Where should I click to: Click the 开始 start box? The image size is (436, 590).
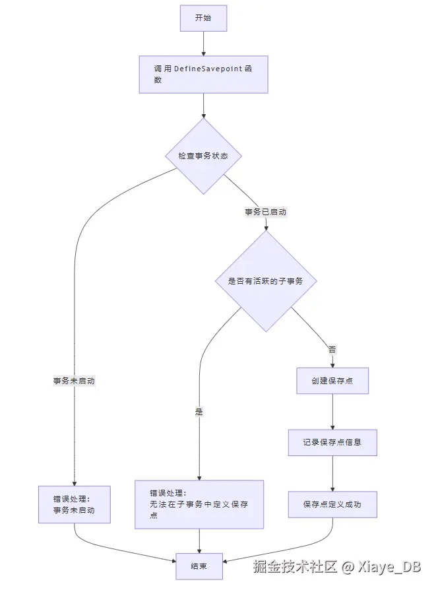[x=203, y=18]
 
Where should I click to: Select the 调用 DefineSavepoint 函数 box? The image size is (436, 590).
[x=203, y=74]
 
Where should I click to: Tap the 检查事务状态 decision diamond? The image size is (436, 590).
[x=203, y=156]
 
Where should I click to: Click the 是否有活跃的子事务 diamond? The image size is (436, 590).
[x=266, y=280]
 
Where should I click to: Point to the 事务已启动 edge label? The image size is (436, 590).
[x=265, y=213]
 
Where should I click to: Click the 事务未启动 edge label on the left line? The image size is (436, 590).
[x=75, y=381]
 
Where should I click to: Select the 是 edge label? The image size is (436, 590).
[x=199, y=411]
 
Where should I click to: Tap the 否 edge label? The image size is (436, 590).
[x=332, y=350]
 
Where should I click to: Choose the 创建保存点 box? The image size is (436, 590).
[x=332, y=380]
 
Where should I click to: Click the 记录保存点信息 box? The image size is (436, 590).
[x=332, y=442]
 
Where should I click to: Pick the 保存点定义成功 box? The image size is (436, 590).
[x=332, y=504]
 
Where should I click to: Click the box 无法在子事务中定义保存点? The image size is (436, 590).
[x=199, y=504]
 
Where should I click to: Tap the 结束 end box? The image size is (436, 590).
[x=199, y=566]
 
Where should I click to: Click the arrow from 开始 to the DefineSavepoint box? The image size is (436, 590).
[x=203, y=44]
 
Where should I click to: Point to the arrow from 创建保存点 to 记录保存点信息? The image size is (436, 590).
[x=332, y=411]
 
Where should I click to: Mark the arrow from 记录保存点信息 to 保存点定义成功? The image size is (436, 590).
[x=332, y=473]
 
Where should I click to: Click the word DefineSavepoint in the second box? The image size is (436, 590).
[x=208, y=69]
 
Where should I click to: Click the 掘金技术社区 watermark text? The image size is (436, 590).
[x=295, y=566]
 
